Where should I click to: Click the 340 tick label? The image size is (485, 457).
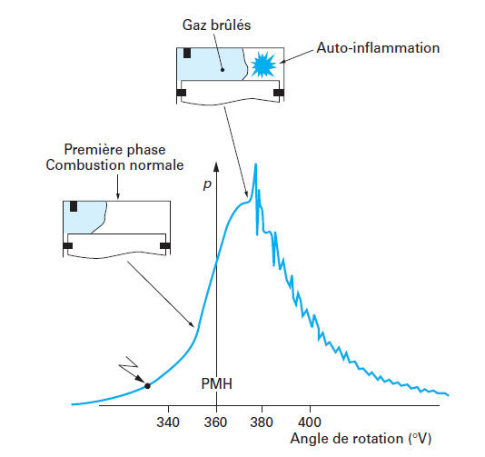point(168,422)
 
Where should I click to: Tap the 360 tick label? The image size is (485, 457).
point(215,422)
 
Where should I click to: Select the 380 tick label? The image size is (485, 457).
point(262,422)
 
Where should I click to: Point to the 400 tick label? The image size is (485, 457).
point(310,422)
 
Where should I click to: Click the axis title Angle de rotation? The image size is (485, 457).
point(347,439)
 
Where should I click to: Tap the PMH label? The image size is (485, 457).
point(216,383)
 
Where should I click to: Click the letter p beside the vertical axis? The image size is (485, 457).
point(207,184)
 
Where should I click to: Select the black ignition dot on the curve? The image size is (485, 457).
point(147,386)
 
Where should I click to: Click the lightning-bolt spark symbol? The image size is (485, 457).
point(130,368)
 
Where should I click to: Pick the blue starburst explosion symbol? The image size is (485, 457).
point(262,65)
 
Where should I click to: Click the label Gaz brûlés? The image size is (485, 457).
point(216,25)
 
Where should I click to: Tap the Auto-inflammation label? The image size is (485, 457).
point(378,48)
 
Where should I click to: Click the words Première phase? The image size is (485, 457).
point(114,150)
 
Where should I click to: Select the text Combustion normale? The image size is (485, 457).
point(114,165)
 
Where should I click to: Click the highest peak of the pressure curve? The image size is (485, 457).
point(255,164)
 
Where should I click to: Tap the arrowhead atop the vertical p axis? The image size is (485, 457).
point(216,166)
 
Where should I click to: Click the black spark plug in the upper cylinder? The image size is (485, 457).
point(187,53)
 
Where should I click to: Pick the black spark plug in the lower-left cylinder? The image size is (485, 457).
point(74,206)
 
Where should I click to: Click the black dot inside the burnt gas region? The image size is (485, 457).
point(223,70)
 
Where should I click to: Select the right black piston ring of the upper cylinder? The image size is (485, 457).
point(279,93)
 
